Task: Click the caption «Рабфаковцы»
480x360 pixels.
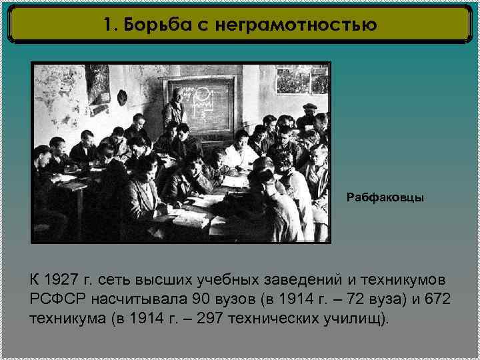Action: click(385, 198)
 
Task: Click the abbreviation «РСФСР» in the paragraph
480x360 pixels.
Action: click(57, 298)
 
